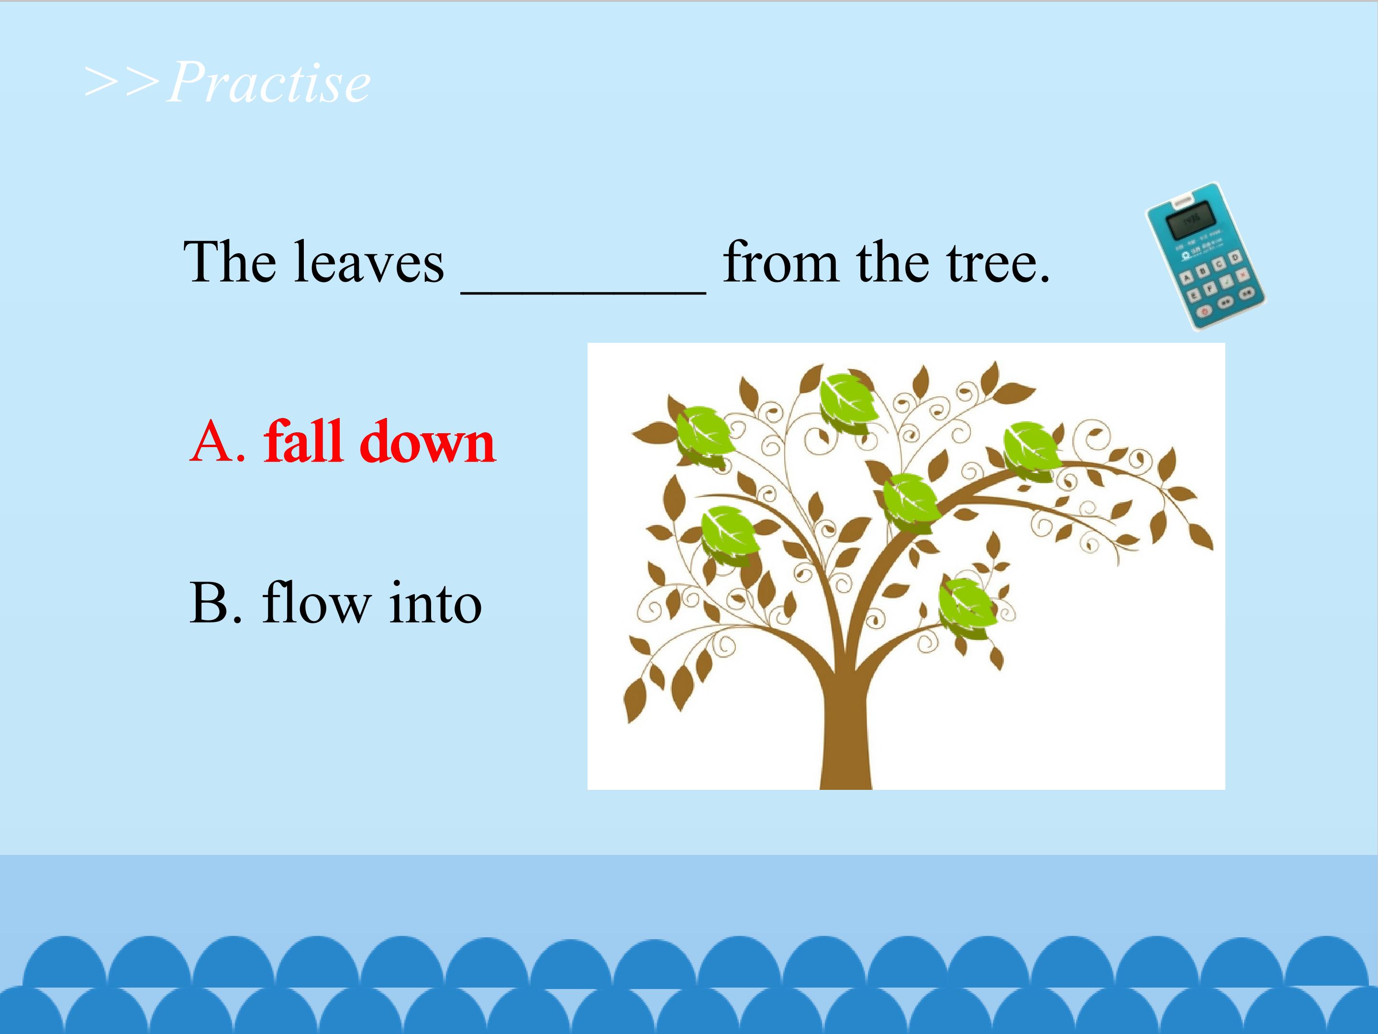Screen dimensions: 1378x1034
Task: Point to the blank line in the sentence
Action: pos(583,291)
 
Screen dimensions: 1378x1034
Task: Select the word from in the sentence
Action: pos(780,262)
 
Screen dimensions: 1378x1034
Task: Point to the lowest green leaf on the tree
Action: pos(967,607)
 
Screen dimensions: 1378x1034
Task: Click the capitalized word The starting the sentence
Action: pos(230,262)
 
